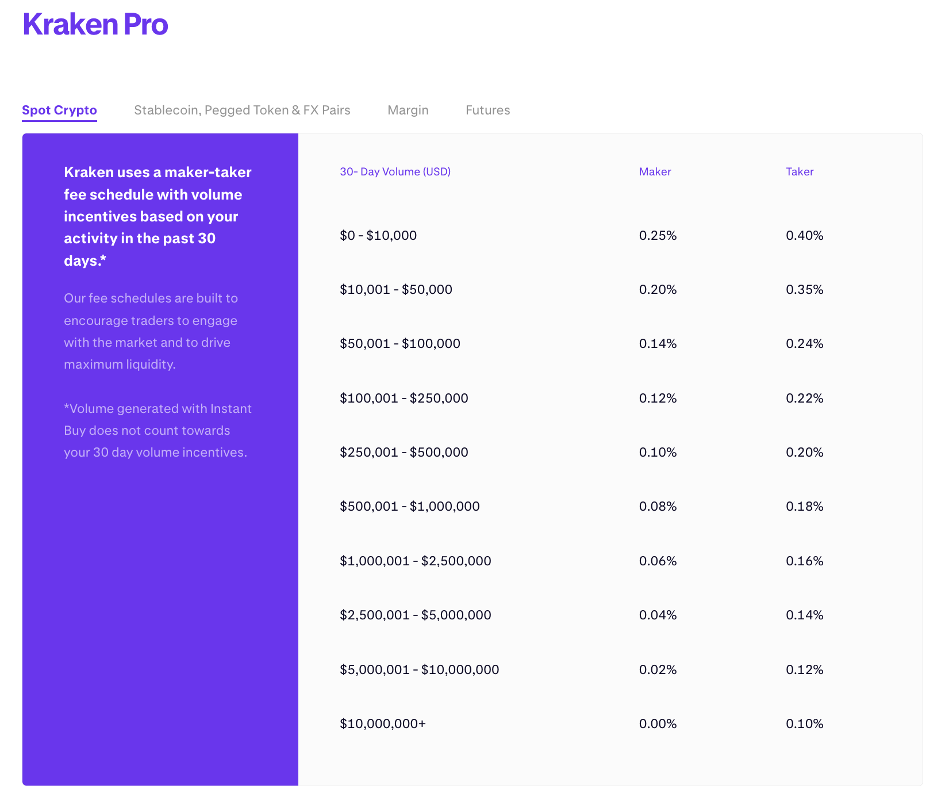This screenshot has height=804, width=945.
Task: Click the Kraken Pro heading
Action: pos(95,25)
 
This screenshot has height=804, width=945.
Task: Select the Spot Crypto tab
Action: pos(59,110)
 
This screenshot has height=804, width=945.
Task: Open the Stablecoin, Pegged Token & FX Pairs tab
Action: pos(242,110)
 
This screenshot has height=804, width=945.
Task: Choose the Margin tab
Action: pos(408,110)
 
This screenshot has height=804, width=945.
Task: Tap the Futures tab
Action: pos(487,110)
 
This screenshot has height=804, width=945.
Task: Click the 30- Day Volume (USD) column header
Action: pos(395,171)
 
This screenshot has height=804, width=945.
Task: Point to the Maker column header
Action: pos(655,171)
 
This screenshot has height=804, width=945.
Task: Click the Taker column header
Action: pos(799,171)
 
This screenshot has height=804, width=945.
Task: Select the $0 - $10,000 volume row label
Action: pos(378,235)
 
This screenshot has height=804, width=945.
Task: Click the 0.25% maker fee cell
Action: pos(658,235)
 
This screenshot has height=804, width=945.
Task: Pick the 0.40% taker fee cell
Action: pos(804,235)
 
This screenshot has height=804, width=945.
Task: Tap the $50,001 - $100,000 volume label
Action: pos(399,343)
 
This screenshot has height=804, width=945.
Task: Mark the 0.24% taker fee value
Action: pos(804,343)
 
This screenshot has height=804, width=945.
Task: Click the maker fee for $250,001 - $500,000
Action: pos(658,452)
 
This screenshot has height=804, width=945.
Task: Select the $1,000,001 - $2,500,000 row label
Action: pos(415,561)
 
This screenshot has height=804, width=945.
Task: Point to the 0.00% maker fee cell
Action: pos(658,723)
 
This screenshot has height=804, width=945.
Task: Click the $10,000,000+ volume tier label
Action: pos(382,723)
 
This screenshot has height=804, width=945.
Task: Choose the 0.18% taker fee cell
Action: pos(804,506)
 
